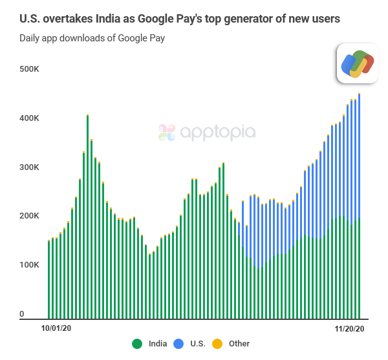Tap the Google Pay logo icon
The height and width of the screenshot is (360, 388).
(x=357, y=63)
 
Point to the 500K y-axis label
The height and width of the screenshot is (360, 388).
(x=30, y=69)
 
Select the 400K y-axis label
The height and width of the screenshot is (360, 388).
(x=30, y=118)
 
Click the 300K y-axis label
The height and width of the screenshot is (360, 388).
(x=30, y=167)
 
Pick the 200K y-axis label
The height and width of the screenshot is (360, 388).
(x=30, y=216)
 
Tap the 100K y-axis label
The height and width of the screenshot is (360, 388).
(x=30, y=265)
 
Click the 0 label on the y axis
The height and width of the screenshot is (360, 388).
(x=22, y=314)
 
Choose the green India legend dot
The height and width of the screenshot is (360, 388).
(x=137, y=344)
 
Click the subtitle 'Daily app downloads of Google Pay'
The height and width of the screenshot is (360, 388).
(x=92, y=38)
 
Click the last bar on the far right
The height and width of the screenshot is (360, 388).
(x=359, y=207)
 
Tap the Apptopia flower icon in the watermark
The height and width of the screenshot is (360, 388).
(x=167, y=132)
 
